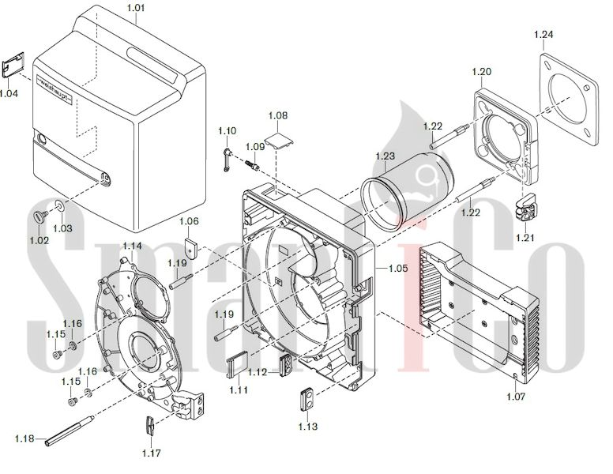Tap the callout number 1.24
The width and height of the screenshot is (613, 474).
click(543, 34)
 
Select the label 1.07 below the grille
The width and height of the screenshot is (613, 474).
click(515, 397)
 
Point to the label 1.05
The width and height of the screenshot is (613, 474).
click(398, 269)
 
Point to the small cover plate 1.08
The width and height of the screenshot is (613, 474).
click(278, 143)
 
